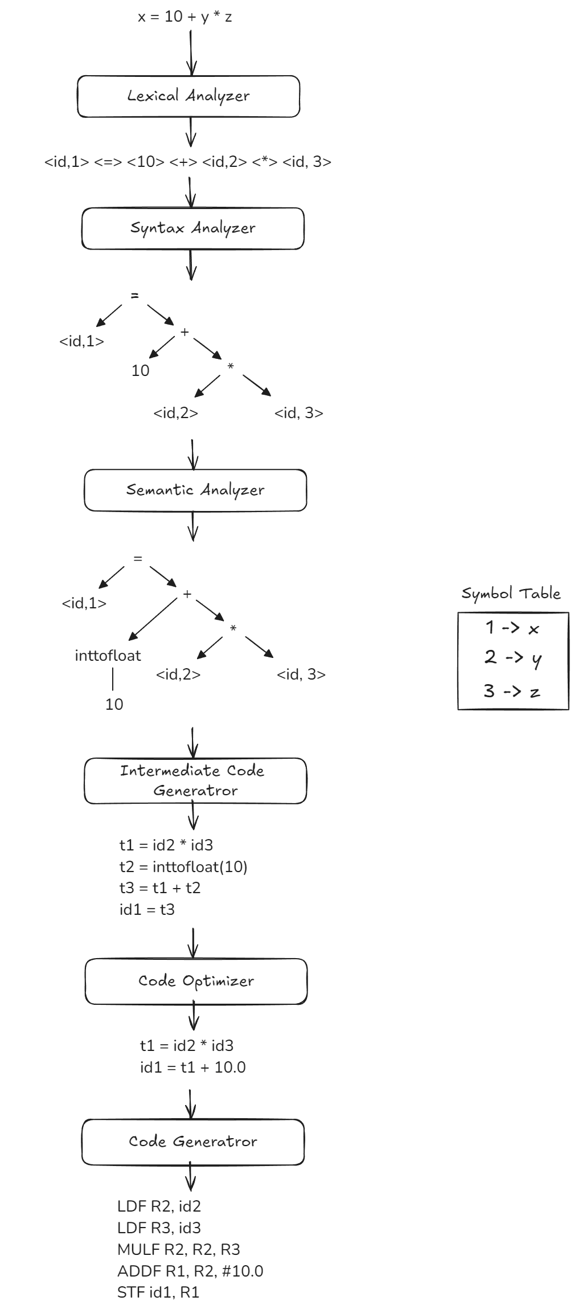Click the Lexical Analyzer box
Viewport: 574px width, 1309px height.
pyautogui.click(x=188, y=96)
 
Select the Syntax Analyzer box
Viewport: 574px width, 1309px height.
pyautogui.click(x=193, y=228)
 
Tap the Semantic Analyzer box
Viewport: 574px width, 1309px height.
pyautogui.click(x=195, y=490)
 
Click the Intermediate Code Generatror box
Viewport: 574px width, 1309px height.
pyautogui.click(x=195, y=781)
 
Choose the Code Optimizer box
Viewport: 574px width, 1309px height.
pyautogui.click(x=196, y=981)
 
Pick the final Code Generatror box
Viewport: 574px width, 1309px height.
pyautogui.click(x=193, y=1142)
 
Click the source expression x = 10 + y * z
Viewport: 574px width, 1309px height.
pyautogui.click(x=185, y=17)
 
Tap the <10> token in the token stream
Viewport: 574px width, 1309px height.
pyautogui.click(x=146, y=162)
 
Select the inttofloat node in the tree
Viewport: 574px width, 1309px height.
pyautogui.click(x=108, y=656)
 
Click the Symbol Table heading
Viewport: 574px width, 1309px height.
pyautogui.click(x=511, y=594)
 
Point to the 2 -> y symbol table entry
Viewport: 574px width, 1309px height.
pyautogui.click(x=512, y=658)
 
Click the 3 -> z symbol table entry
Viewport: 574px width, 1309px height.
pyautogui.click(x=511, y=692)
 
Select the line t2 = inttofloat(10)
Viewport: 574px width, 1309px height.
pyautogui.click(x=183, y=867)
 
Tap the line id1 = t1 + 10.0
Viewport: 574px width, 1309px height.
pyautogui.click(x=192, y=1067)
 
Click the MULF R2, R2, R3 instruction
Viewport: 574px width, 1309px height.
pyautogui.click(x=178, y=1250)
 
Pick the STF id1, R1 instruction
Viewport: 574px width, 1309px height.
pyautogui.click(x=158, y=1292)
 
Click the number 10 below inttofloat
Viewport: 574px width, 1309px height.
pyautogui.click(x=114, y=705)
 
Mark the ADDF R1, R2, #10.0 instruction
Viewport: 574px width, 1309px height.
pyautogui.click(x=190, y=1271)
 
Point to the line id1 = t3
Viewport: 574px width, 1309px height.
pyautogui.click(x=147, y=910)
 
